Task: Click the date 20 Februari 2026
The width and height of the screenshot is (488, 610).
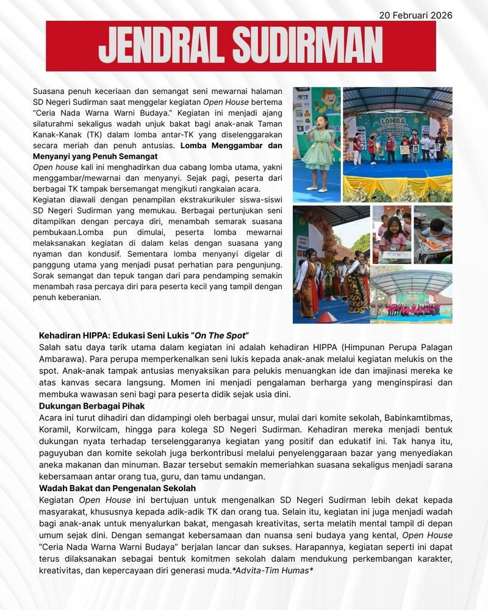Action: (x=415, y=15)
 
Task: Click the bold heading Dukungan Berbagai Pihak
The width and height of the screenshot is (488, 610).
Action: (x=88, y=404)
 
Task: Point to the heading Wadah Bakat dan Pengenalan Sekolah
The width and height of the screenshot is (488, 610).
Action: (x=113, y=488)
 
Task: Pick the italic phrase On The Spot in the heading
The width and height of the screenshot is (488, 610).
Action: (x=220, y=336)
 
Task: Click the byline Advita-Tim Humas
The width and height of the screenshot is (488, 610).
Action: (x=273, y=570)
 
